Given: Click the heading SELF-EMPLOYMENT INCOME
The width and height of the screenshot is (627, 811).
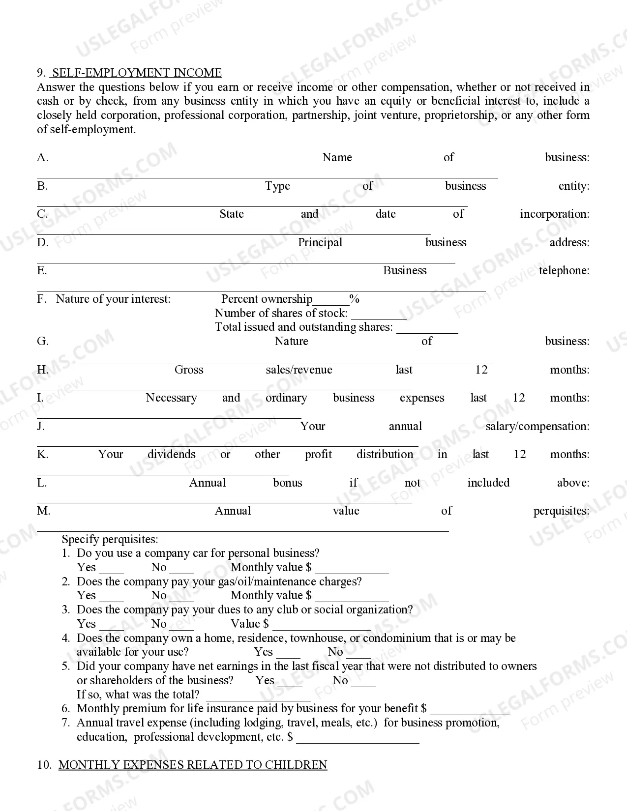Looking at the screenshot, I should pyautogui.click(x=137, y=73).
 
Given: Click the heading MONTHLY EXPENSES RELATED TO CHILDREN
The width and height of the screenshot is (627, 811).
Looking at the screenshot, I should pyautogui.click(x=193, y=765).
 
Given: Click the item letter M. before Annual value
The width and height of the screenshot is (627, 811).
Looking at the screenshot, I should pyautogui.click(x=43, y=511).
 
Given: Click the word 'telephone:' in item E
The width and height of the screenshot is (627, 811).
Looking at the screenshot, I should pyautogui.click(x=564, y=271).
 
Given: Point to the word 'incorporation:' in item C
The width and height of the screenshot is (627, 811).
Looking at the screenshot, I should pyautogui.click(x=554, y=214).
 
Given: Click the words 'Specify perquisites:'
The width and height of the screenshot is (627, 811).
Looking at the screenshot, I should pyautogui.click(x=110, y=539).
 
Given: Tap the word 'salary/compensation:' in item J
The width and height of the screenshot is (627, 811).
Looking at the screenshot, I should pyautogui.click(x=537, y=427).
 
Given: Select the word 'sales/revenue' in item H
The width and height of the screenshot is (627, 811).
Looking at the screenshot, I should pyautogui.click(x=299, y=370).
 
